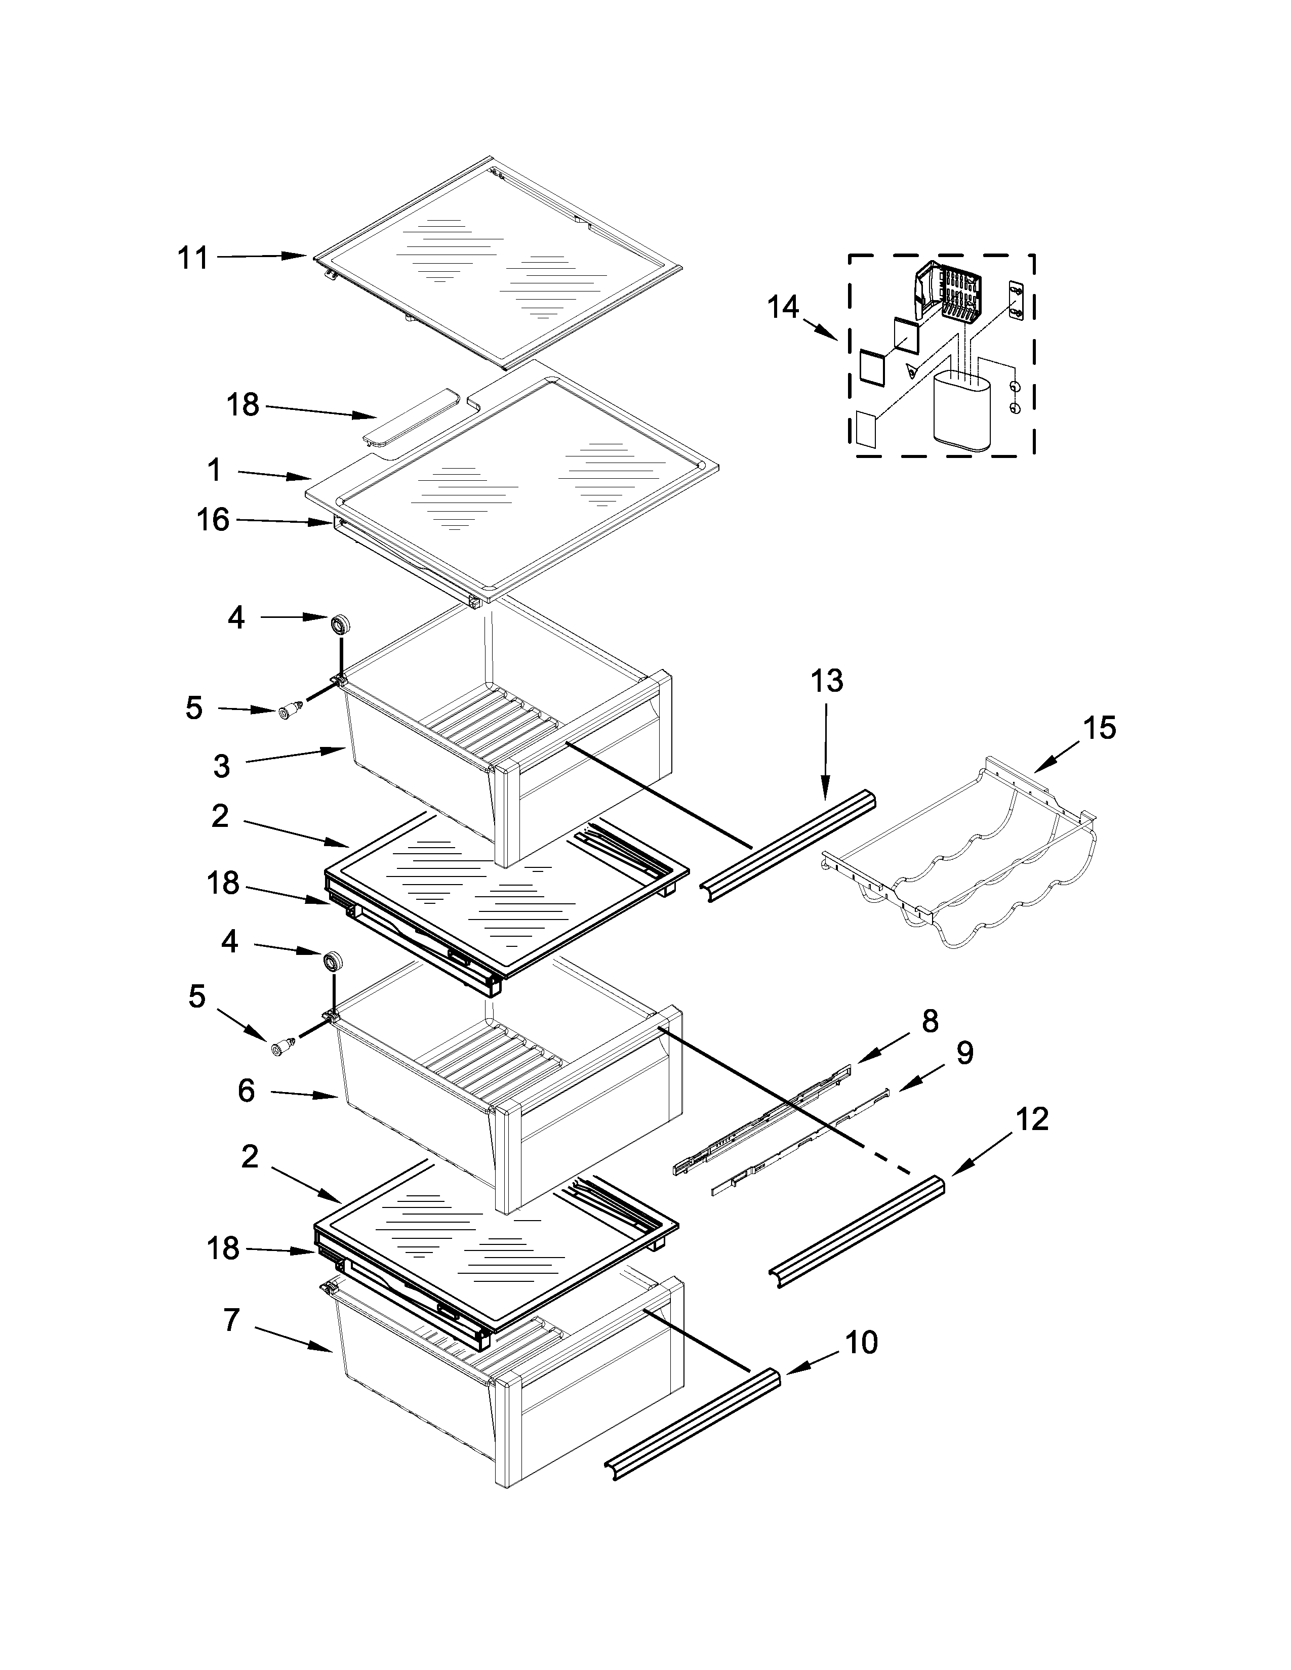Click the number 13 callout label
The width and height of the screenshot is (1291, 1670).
(827, 681)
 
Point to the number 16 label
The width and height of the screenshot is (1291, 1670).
(213, 520)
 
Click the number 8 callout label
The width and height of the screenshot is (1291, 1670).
(930, 1021)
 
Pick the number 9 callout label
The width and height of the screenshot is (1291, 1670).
(965, 1053)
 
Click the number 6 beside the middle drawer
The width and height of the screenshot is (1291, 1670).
(246, 1091)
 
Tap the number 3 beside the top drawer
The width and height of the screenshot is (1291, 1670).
(222, 765)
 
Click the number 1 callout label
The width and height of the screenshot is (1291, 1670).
(214, 470)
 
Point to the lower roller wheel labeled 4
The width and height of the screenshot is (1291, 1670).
(332, 961)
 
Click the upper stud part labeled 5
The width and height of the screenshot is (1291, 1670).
(289, 713)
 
